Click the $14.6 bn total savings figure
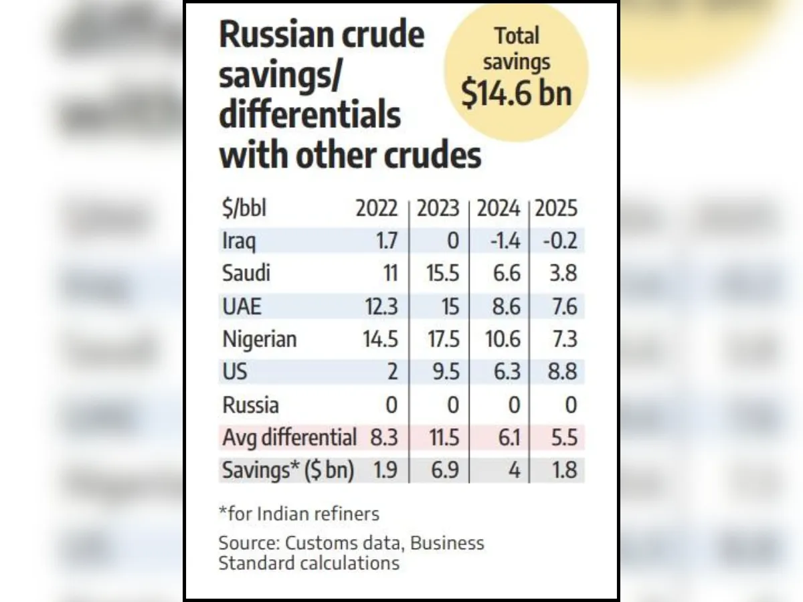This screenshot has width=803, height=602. click(517, 93)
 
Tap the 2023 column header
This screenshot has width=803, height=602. click(438, 209)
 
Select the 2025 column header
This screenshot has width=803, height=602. click(556, 209)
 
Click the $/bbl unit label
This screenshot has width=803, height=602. click(244, 209)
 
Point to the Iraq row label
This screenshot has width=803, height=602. click(239, 241)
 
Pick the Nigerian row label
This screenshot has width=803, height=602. click(260, 339)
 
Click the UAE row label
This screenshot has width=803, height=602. click(242, 306)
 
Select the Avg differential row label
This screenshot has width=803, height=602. click(289, 438)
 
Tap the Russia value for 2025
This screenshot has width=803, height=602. click(569, 405)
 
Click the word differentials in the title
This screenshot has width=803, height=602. click(310, 116)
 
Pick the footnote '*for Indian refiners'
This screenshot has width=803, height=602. click(298, 514)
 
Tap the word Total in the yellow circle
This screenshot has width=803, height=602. click(516, 36)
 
